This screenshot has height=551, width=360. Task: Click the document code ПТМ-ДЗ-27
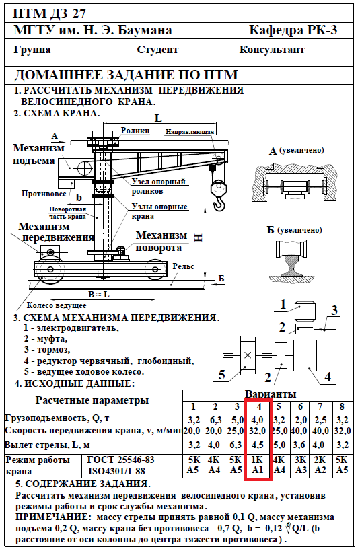point(49,14)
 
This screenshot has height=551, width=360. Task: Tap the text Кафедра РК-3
point(293,30)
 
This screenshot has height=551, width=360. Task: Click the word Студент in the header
point(157,50)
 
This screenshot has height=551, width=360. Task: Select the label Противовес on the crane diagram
point(44,194)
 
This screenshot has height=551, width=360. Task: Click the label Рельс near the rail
point(183,266)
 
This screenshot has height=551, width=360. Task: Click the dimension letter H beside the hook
point(199,238)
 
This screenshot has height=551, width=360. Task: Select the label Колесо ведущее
point(57,305)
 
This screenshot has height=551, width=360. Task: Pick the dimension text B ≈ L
point(99,294)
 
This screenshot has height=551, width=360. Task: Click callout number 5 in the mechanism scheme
point(221,375)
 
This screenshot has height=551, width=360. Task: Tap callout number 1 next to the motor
point(283,304)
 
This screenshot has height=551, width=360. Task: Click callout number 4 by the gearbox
point(328,377)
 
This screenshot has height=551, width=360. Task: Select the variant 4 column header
point(259,406)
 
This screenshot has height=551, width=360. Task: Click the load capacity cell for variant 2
point(215,420)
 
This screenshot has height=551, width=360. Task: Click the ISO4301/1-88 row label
point(116,471)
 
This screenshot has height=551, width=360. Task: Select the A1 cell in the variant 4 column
point(258,470)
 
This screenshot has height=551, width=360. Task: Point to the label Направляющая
point(190,132)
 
